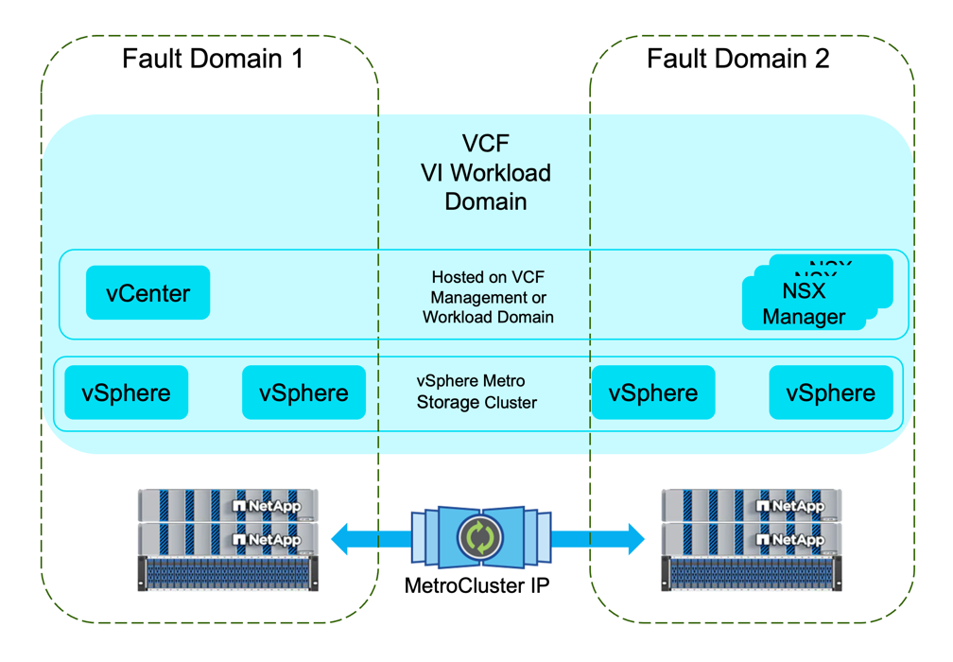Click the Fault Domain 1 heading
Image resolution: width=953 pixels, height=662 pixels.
213,59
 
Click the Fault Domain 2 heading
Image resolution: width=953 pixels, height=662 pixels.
737,59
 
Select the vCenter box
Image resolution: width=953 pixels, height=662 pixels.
147,293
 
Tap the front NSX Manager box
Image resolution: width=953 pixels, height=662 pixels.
804,304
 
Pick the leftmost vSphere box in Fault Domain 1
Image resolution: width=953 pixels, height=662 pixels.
127,392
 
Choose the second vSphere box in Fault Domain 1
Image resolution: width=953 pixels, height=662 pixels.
303,392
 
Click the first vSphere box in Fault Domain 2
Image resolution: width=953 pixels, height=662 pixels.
653,392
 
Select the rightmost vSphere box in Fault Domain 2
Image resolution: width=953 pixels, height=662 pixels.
831,392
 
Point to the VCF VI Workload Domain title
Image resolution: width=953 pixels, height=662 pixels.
486,172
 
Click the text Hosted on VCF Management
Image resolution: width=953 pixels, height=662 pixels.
488,287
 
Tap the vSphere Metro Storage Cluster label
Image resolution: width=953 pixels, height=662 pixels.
476,392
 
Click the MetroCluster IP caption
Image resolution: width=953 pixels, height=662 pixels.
476,585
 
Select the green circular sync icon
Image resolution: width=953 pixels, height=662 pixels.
479,538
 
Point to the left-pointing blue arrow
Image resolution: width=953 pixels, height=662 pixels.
371,540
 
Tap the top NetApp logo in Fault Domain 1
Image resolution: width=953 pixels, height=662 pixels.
266,506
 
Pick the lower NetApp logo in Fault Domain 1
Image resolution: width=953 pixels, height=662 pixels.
266,540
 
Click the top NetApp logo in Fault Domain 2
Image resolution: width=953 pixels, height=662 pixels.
789,506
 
